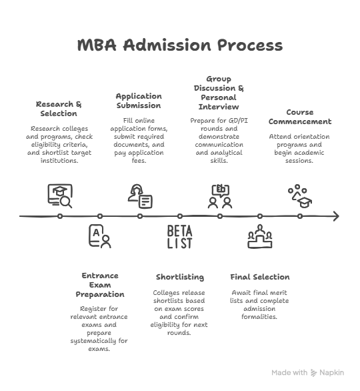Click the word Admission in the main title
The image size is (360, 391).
coord(167,45)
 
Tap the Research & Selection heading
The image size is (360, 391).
coord(59,109)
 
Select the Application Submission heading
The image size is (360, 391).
coord(139,101)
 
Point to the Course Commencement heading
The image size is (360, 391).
coord(300,117)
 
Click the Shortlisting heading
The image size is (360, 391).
coord(180,277)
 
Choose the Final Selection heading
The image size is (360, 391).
coord(260,277)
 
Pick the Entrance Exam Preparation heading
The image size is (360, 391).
coord(100,285)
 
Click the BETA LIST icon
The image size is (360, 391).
coord(179,237)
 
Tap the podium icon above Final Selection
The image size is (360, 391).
coord(260,236)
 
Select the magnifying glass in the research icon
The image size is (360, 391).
coord(67,202)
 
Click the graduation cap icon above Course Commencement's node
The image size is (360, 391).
coord(305,202)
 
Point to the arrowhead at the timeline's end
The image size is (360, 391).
coord(336,216)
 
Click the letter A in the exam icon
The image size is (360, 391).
coord(96,233)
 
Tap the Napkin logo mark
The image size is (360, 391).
coord(313,373)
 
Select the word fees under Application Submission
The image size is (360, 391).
coord(139,161)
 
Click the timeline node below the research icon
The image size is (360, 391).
coord(60,216)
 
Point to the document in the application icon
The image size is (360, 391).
coord(146,202)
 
